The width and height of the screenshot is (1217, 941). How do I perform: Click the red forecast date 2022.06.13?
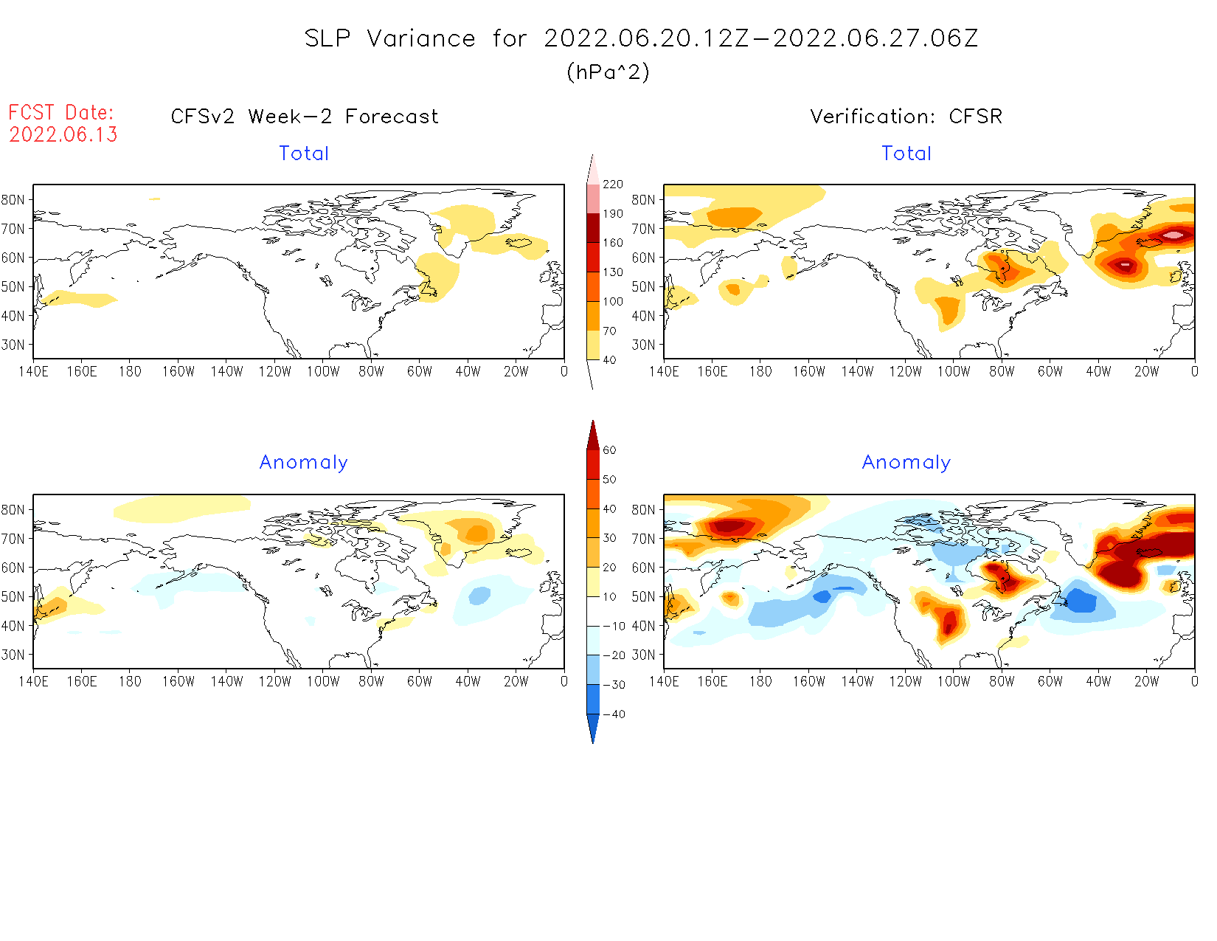[x=63, y=134]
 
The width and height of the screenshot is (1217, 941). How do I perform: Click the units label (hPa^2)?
[x=608, y=72]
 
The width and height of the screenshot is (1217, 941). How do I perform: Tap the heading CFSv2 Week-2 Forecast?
[x=305, y=117]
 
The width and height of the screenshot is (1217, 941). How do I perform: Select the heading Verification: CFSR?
[x=906, y=117]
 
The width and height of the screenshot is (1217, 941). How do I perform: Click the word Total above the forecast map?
[x=304, y=154]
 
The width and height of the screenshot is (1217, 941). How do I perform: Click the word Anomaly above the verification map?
[x=906, y=463]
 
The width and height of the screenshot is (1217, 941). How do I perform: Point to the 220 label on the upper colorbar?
[x=613, y=185]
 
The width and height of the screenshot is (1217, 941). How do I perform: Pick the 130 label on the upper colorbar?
[x=613, y=272]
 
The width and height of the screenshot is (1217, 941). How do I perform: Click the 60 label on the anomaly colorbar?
[x=609, y=450]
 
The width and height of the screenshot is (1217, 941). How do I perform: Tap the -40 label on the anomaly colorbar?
[x=614, y=714]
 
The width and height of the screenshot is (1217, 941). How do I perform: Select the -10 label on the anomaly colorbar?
[x=614, y=626]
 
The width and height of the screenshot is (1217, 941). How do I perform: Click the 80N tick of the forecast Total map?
[x=13, y=200]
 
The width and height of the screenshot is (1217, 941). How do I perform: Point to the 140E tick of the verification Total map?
[x=664, y=371]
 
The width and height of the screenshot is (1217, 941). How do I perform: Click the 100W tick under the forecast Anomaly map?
[x=323, y=681]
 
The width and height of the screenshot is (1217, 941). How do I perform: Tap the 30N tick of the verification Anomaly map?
[x=643, y=655]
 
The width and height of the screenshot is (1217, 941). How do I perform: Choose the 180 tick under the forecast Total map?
[x=130, y=371]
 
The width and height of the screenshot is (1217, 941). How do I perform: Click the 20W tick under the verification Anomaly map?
[x=1146, y=681]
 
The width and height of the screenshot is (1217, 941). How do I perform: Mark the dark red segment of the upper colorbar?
[x=593, y=228]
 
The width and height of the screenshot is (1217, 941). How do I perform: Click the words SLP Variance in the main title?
[x=390, y=38]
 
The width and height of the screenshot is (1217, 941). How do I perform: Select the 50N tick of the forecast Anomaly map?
[x=13, y=596]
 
